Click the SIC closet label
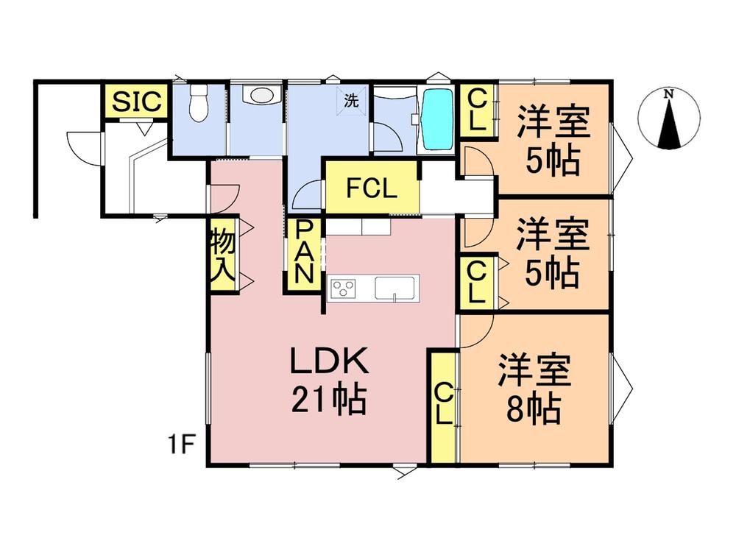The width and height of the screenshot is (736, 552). [x=136, y=101]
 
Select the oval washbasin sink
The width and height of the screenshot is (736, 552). [x=261, y=94]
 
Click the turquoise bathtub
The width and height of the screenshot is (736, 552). [x=437, y=119]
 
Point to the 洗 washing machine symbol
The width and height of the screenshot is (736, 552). [x=351, y=100]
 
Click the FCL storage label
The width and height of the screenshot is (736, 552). [x=372, y=188]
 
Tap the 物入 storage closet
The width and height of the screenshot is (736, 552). [x=223, y=255]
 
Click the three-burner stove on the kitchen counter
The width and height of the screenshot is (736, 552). [x=343, y=288]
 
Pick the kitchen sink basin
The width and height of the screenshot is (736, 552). [x=394, y=288]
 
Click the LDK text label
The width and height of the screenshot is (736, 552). [x=330, y=361]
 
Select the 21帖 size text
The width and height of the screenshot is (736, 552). [x=328, y=400]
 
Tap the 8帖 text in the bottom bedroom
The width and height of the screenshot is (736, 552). [x=533, y=409]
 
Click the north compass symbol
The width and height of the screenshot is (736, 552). [x=669, y=118]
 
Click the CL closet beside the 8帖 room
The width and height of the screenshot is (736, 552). [x=444, y=406]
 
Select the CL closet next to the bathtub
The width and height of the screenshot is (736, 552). [x=478, y=111]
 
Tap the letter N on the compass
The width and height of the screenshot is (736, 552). [x=669, y=94]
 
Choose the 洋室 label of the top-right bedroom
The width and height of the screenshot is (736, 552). [x=553, y=122]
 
